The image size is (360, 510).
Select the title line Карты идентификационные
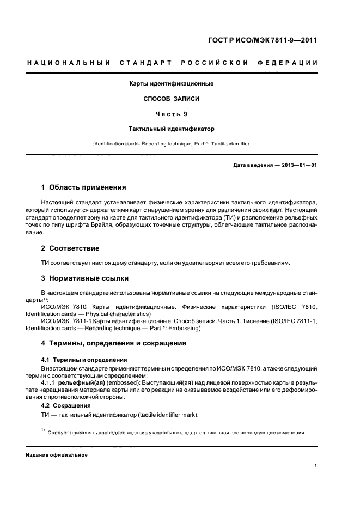coord(171,84)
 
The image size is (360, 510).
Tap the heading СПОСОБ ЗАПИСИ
coord(171,99)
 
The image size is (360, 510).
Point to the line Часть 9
coord(171,114)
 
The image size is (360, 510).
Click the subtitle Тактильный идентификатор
coord(171,130)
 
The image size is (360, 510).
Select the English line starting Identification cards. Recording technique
coord(171,144)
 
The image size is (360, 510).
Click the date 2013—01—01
coord(298,165)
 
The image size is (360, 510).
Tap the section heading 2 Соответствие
coord(71,248)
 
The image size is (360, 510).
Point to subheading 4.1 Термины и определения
coord(84,360)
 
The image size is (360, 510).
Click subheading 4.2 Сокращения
coord(66,406)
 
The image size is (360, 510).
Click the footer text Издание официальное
coord(57,455)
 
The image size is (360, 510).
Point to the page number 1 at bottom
coord(316,466)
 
